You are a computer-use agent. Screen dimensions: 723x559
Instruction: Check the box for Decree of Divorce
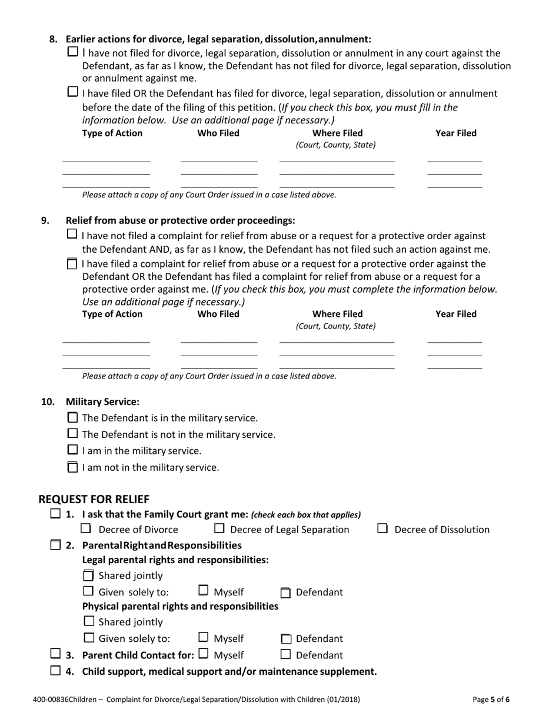86,528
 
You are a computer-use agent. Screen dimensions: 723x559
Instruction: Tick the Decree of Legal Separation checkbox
219,528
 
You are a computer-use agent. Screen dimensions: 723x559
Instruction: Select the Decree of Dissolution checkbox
382,528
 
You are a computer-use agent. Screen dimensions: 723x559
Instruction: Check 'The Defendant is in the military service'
72,418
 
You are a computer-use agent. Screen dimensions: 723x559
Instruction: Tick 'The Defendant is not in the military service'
72,434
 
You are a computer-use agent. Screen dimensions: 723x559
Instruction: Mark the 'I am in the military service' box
72,450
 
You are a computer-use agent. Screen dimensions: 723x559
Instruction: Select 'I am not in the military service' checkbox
72,467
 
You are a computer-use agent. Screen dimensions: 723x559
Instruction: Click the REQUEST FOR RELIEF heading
94,499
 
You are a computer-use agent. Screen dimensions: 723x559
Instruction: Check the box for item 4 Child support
55,670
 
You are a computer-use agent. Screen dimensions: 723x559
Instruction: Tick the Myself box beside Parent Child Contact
204,654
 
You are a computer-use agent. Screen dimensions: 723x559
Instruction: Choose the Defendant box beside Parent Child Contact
286,654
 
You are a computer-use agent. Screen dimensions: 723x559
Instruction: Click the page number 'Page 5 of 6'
491,699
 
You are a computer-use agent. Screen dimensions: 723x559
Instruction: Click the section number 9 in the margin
45,220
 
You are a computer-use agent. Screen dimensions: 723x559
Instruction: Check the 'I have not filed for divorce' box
72,52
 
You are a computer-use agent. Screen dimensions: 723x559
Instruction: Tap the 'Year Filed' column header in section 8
455,133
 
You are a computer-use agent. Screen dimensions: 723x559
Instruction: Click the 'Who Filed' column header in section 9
218,314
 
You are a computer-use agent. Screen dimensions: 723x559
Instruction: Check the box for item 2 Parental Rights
55,545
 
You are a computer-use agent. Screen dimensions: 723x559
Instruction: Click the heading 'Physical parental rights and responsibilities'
180,606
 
